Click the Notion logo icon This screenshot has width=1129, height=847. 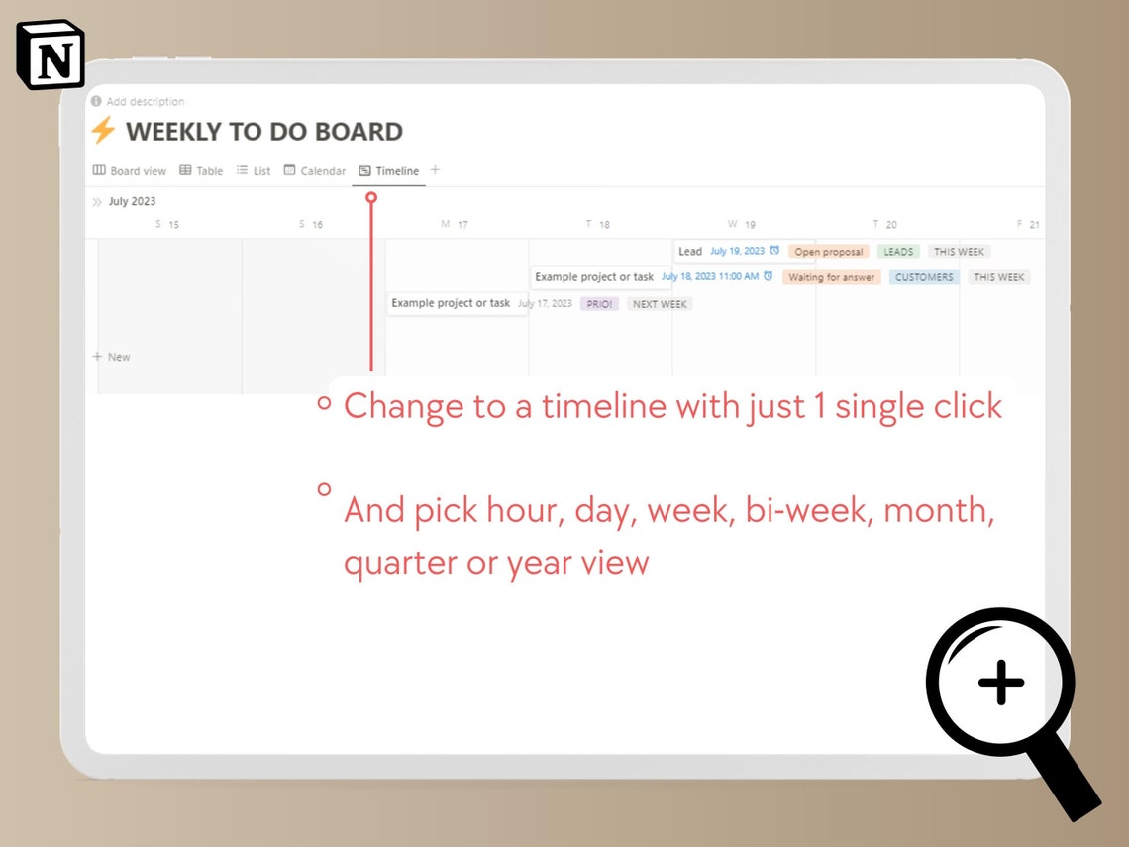click(x=51, y=55)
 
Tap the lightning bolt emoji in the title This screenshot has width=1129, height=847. click(x=102, y=131)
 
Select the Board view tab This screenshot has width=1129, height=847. click(x=130, y=171)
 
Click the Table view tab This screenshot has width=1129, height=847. click(x=201, y=171)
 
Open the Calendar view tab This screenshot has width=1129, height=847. click(x=315, y=171)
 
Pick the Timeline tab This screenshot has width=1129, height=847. click(x=389, y=171)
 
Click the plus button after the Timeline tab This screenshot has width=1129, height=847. click(x=435, y=170)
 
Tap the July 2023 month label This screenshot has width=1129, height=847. click(x=132, y=201)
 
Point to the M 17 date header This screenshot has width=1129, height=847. click(x=455, y=225)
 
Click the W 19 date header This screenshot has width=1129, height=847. click(x=741, y=225)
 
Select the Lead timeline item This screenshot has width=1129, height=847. click(x=690, y=252)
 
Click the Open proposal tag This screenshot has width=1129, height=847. click(x=829, y=252)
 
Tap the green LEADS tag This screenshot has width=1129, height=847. click(x=898, y=252)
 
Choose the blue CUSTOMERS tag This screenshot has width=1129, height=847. click(x=924, y=277)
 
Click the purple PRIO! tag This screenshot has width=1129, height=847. click(x=599, y=304)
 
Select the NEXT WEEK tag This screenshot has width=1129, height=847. click(x=660, y=304)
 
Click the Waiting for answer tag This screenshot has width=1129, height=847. click(x=831, y=277)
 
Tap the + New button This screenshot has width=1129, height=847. click(x=112, y=357)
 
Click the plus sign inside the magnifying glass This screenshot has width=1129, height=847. click(x=1000, y=683)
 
